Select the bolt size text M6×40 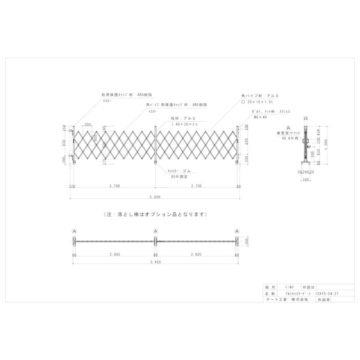(260, 117)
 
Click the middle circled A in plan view (156, 231)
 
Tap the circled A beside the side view (288, 127)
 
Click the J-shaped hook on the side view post (308, 151)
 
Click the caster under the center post (156, 164)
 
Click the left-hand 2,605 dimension (114, 255)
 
